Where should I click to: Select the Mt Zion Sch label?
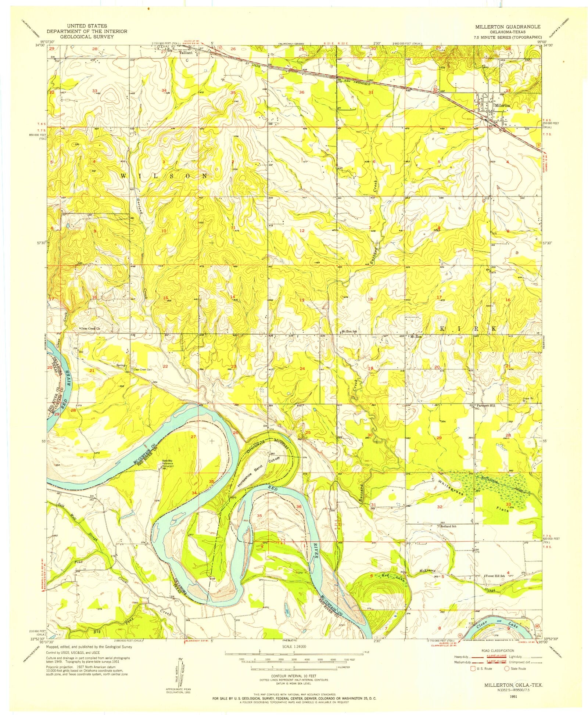click(x=350, y=331)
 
